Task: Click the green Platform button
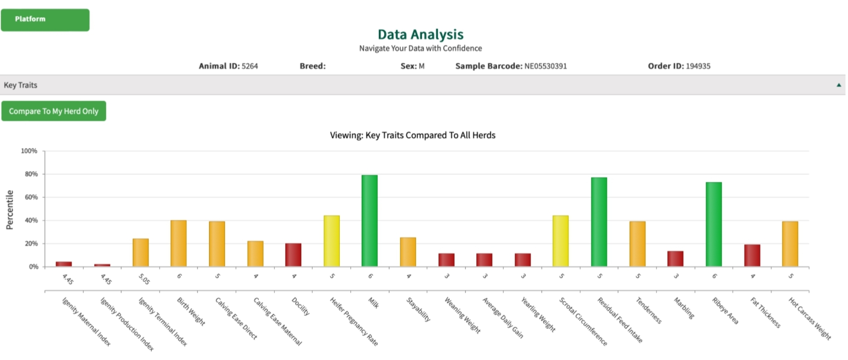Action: click(x=45, y=20)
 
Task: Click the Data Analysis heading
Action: click(x=420, y=34)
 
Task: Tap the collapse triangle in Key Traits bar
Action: click(x=838, y=85)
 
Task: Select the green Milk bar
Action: click(x=369, y=221)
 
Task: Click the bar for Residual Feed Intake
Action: click(x=599, y=222)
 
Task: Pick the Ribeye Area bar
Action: click(x=713, y=224)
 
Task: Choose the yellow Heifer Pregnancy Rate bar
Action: click(x=331, y=241)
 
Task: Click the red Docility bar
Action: click(x=293, y=255)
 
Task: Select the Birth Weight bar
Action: click(x=178, y=243)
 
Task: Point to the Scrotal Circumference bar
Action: click(x=560, y=241)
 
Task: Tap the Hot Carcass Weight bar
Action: click(x=790, y=244)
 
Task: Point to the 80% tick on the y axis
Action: click(x=31, y=174)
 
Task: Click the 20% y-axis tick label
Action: click(x=31, y=244)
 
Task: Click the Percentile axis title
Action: click(x=10, y=210)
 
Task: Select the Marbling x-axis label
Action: click(x=684, y=308)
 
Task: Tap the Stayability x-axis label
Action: click(x=418, y=309)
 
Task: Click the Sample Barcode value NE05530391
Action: click(x=545, y=66)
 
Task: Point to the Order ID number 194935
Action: click(x=698, y=66)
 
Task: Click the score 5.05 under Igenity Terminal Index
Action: click(x=144, y=279)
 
